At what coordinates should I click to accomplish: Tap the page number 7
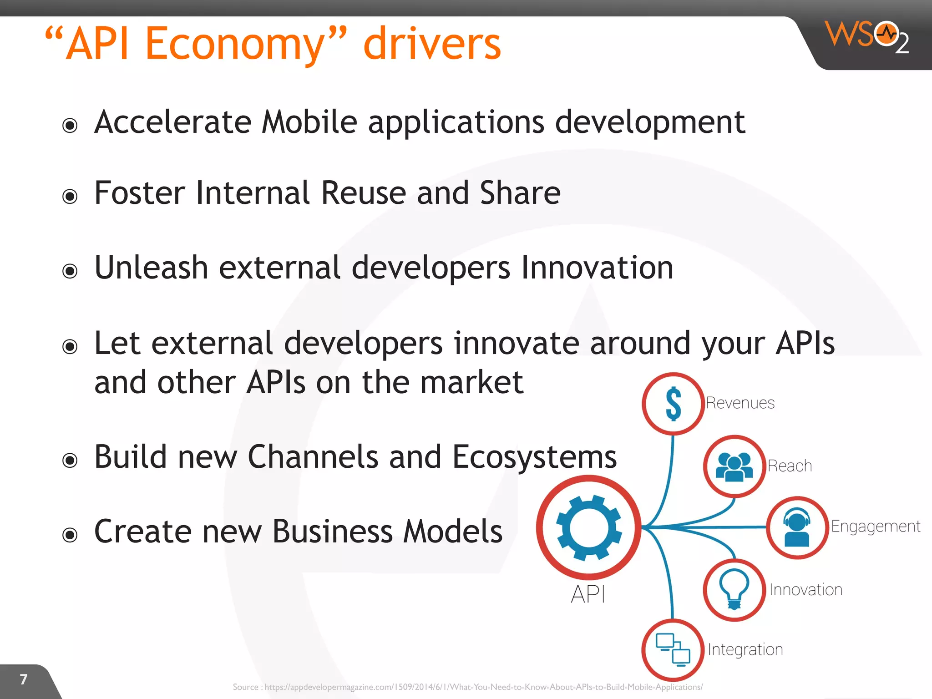click(24, 679)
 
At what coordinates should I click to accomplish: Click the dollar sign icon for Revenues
click(673, 404)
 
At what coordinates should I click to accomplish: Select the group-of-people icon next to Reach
click(734, 466)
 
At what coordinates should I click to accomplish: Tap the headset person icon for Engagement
click(797, 527)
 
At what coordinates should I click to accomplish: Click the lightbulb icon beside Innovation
click(734, 589)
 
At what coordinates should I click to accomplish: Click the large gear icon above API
click(589, 528)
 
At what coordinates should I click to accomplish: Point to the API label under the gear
click(588, 594)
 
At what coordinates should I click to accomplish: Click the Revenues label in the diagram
click(740, 403)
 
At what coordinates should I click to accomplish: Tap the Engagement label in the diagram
click(875, 527)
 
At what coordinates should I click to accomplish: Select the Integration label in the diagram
click(745, 649)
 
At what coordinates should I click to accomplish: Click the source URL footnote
click(467, 687)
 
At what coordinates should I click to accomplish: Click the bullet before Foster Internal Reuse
click(70, 196)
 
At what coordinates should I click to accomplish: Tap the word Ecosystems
click(534, 457)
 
